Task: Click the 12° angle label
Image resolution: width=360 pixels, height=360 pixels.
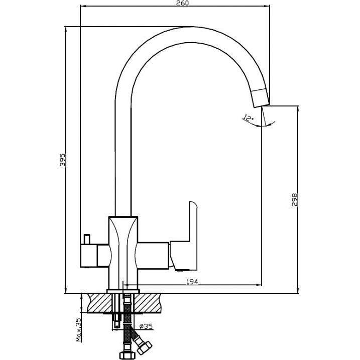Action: click(248, 118)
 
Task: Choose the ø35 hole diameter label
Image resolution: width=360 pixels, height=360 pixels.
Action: click(147, 327)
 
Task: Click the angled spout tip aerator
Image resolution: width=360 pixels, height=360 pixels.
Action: click(261, 97)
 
